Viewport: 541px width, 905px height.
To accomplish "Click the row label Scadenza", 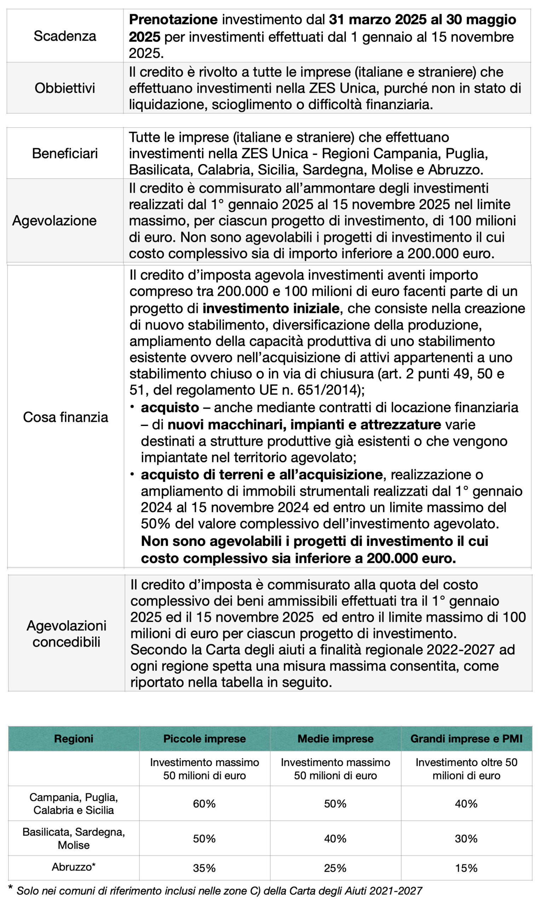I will [x=65, y=36].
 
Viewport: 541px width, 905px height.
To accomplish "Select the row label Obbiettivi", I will [x=65, y=88].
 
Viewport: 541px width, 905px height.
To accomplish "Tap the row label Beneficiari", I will [x=65, y=154].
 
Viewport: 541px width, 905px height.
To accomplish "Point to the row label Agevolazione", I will [x=55, y=221].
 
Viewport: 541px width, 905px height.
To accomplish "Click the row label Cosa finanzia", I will [x=65, y=418].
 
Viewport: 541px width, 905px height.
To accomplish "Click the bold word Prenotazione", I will [x=173, y=20].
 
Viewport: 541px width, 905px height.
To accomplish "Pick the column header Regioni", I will [x=74, y=738].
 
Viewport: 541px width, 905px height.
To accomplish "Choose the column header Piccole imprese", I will [x=205, y=738].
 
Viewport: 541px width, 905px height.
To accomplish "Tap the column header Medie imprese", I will [x=335, y=738].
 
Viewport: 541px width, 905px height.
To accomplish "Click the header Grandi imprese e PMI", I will [x=466, y=738].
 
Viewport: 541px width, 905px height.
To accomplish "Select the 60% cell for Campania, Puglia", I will [x=204, y=804].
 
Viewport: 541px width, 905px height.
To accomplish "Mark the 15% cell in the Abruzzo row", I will [x=466, y=868].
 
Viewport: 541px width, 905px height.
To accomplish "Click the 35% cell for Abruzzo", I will [x=204, y=868].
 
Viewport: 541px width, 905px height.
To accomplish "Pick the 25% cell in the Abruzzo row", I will [x=335, y=868].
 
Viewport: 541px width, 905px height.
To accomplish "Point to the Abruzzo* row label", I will [x=74, y=867].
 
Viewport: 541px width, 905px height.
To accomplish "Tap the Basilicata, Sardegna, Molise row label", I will [x=74, y=838].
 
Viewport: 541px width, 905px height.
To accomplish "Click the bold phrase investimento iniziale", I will [x=271, y=309].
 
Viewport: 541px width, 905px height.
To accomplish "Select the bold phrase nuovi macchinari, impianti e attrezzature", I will [x=304, y=425].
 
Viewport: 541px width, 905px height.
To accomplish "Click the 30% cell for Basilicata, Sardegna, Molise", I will [x=466, y=839].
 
